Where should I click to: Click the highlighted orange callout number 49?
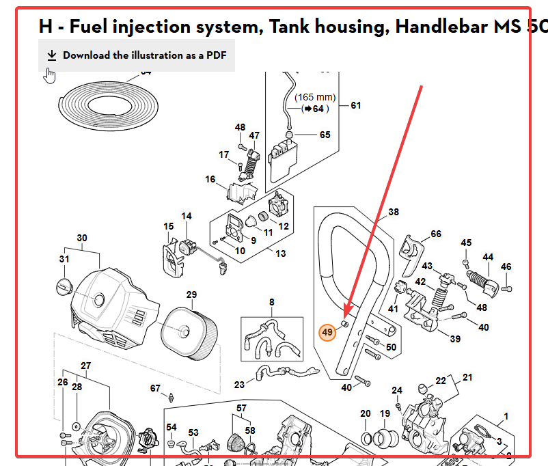327,333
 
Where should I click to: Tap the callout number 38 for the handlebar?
394,213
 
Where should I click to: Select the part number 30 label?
82,238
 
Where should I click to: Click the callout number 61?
356,105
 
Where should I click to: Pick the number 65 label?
325,135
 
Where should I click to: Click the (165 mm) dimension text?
316,98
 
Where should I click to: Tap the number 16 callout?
210,180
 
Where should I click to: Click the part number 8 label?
271,302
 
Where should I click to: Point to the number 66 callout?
436,234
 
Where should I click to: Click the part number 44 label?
488,258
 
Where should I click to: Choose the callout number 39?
455,339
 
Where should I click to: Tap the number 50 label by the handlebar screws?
391,347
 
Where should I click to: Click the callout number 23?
239,385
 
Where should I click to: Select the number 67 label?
155,388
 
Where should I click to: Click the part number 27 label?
85,366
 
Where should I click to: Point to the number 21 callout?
467,377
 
